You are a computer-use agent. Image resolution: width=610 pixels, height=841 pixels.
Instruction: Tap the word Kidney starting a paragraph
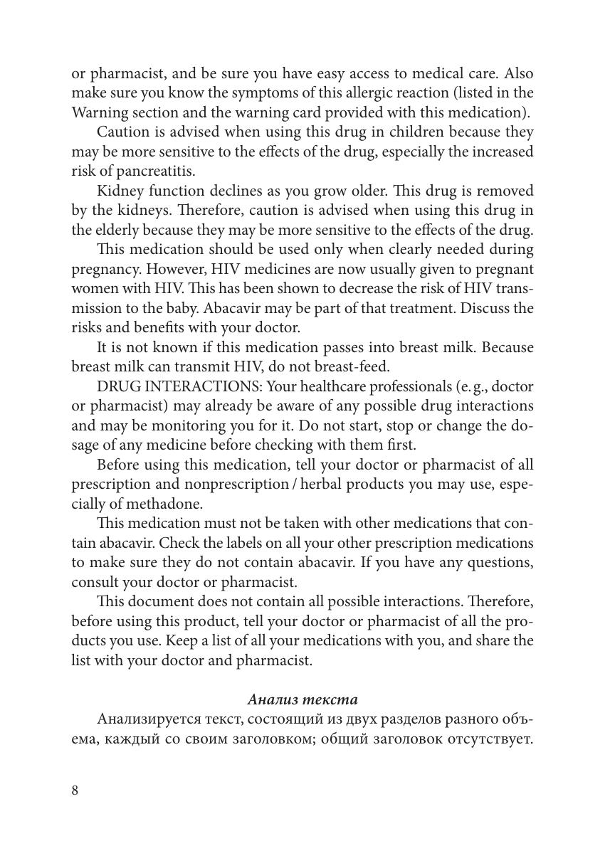(118, 191)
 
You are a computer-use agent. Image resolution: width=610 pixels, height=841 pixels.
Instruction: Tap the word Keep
(182, 640)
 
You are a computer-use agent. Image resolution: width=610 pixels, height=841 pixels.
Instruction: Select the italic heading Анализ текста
(303, 699)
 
